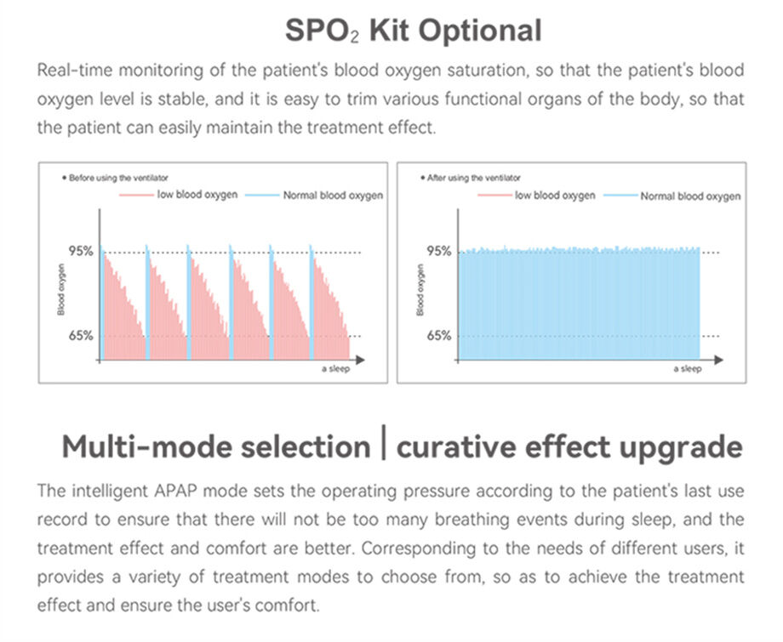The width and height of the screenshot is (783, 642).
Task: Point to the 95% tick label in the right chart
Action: [x=438, y=251]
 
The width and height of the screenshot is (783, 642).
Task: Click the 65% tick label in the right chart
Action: [x=438, y=335]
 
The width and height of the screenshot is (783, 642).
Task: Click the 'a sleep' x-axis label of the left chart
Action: [x=335, y=369]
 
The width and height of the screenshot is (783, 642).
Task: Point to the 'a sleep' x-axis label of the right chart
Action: [x=688, y=369]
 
